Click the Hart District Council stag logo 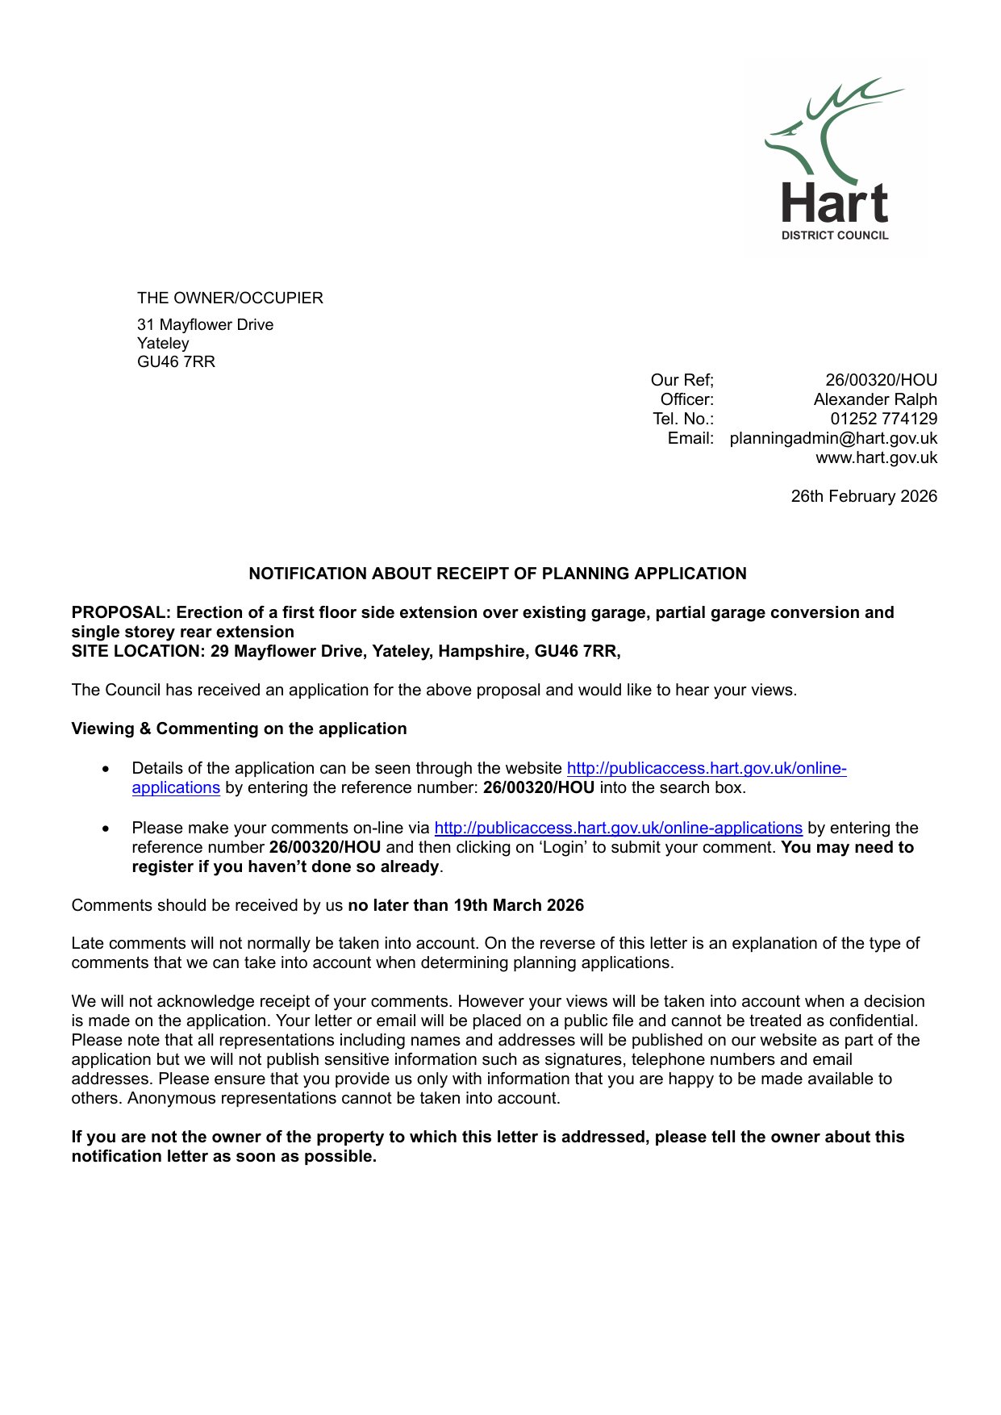tap(836, 158)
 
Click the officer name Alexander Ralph tap(875, 399)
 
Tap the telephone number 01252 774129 tap(883, 419)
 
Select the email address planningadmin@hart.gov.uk tap(833, 438)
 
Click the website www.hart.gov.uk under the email tap(876, 457)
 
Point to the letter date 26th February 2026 tap(863, 496)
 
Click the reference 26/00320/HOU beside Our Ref tap(881, 380)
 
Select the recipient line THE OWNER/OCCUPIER tap(230, 298)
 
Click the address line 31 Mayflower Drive tap(205, 324)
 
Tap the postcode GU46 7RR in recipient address tap(176, 361)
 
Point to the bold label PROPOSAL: tap(121, 612)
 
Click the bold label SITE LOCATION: tap(138, 651)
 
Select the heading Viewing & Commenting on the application tap(239, 728)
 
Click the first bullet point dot tap(106, 769)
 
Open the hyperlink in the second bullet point tap(618, 828)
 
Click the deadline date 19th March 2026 tap(518, 905)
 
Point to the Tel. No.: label tap(683, 419)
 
